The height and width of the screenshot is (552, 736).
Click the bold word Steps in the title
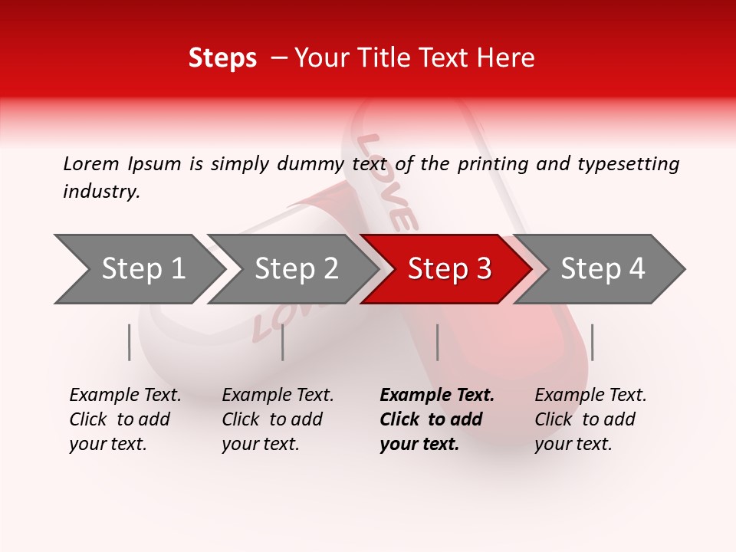pos(222,58)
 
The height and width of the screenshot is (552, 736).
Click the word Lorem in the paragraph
pos(90,163)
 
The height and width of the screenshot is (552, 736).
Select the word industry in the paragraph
pos(100,192)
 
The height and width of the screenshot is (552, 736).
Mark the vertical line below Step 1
pos(130,342)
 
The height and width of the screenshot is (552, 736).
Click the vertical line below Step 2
pos(283,342)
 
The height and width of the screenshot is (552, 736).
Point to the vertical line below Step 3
pos(438,342)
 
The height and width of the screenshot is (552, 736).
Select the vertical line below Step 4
pos(593,342)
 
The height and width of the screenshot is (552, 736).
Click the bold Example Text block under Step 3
pos(437,419)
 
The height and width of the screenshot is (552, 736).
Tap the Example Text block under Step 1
pos(125,419)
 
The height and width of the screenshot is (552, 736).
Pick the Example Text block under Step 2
pos(278,419)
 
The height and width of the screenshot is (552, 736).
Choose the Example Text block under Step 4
pos(590,419)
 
